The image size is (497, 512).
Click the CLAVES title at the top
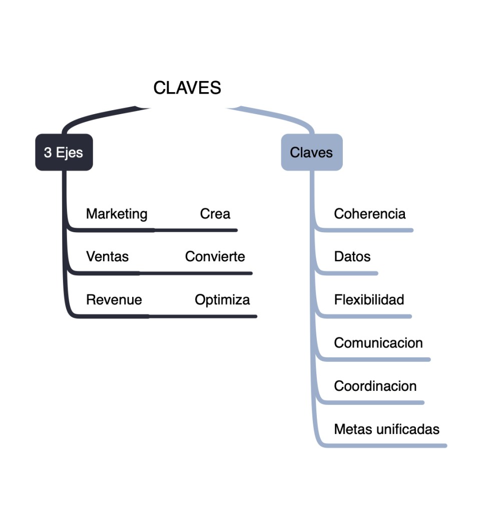coord(187,88)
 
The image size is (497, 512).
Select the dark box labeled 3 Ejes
coord(64,152)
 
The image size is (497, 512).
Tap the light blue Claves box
coord(311,152)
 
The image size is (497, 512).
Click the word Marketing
coord(117,214)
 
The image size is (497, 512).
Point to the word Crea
coord(215,214)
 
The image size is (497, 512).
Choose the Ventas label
coord(107,257)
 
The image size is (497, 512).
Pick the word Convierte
coord(215,257)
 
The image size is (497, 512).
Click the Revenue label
coord(114,300)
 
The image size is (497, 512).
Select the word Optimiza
coord(222,300)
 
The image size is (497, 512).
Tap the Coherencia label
coord(370,214)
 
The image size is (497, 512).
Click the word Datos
coord(352,257)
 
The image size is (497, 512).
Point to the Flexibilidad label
coord(369,300)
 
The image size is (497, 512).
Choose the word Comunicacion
coord(378,343)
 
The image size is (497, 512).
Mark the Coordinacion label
coord(375,386)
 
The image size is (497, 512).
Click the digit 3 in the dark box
coord(48,152)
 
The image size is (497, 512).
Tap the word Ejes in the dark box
coord(70,152)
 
